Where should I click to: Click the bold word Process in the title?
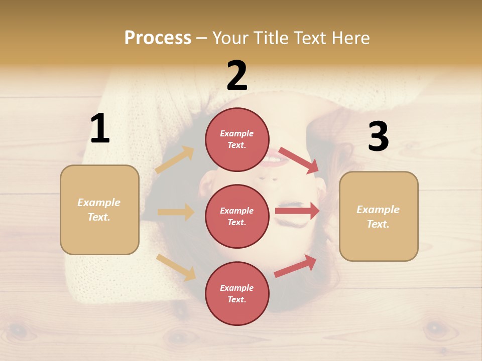pos(158,38)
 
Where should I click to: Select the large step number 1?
pos(100,129)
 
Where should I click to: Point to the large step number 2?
pos(237,76)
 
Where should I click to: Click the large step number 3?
pos(378,136)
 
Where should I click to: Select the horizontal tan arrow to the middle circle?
pos(176,212)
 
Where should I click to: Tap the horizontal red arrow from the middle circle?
pos(297,211)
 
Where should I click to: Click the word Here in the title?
pos(349,38)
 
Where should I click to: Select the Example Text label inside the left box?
pos(99,210)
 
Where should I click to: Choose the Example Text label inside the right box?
pos(378,217)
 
